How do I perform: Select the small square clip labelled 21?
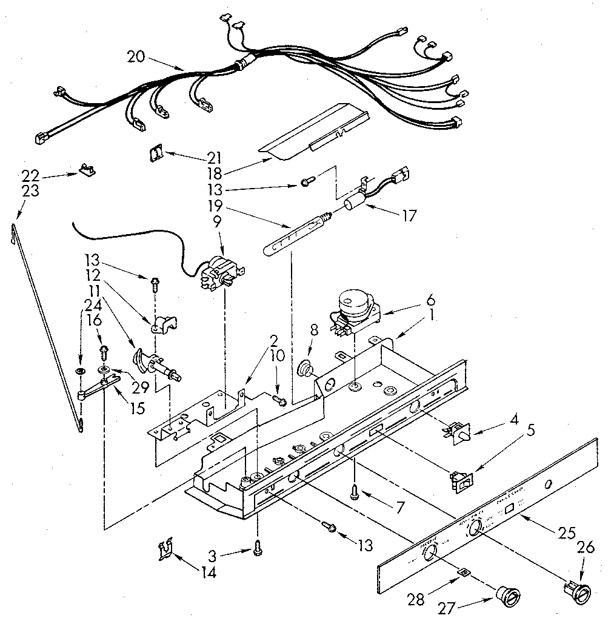pos(156,154)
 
